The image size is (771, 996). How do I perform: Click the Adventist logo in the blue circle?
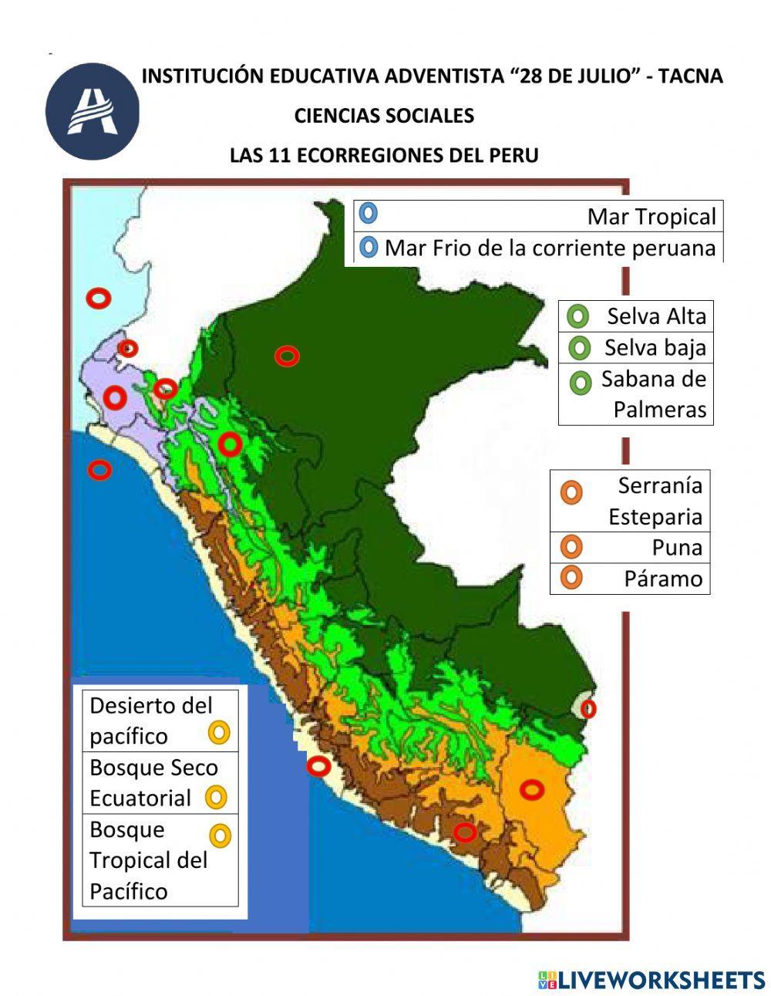(x=92, y=112)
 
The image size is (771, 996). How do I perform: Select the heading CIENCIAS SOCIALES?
(x=384, y=116)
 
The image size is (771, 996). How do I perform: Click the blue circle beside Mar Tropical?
(x=369, y=212)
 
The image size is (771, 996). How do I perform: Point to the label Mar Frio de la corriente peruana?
(x=550, y=248)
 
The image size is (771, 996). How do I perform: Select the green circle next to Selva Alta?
(x=577, y=316)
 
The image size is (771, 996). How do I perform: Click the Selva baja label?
(x=655, y=348)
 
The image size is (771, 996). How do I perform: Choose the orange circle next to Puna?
(x=571, y=547)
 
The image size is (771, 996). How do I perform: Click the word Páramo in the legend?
(x=663, y=579)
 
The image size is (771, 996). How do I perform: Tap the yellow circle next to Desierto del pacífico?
(x=220, y=732)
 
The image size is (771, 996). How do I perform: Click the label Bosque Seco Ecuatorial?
(x=153, y=782)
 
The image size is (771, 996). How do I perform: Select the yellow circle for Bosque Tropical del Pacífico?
(x=221, y=836)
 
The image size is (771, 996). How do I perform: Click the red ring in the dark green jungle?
(x=287, y=356)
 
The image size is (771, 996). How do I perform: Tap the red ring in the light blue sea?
(x=98, y=298)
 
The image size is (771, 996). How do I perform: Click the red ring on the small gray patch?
(x=588, y=707)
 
